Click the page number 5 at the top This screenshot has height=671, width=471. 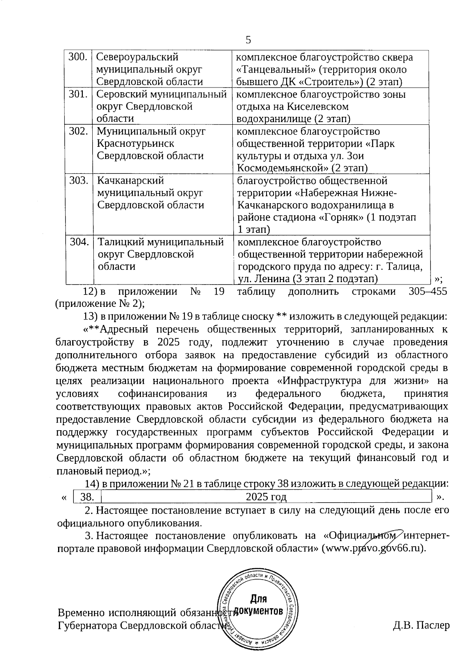pos(248,40)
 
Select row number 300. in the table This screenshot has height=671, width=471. pos(78,57)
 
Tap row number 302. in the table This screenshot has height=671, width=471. pos(78,131)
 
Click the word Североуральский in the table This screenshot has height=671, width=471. pos(137,57)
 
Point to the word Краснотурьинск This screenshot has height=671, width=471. pos(135,144)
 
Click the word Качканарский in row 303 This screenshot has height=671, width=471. pos(130,181)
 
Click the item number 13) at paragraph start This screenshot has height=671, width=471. pos(90,316)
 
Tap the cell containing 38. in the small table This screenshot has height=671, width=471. pos(87,497)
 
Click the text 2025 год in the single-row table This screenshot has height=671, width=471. pos(266,497)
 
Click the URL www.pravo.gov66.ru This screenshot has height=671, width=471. pos(372,548)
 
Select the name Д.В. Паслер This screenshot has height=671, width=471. pos(421,625)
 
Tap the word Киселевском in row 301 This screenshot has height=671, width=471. pos(318,107)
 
